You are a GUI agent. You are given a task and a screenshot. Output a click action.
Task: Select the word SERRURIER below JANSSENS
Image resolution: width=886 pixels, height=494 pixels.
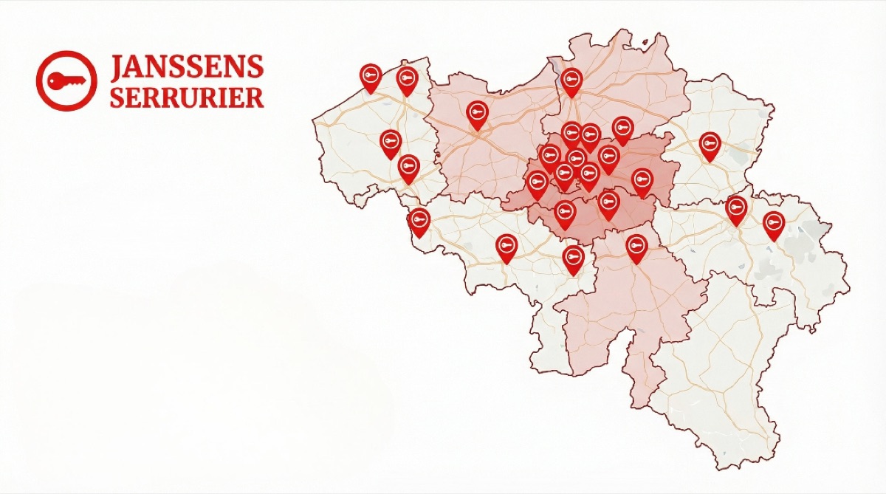(187, 97)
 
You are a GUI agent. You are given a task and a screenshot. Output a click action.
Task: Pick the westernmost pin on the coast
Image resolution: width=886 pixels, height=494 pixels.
(371, 76)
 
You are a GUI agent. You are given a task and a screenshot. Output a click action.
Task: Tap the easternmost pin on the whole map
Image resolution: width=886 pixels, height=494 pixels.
(773, 223)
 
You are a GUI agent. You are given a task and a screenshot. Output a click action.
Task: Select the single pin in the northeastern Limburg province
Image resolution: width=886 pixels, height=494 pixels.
(710, 144)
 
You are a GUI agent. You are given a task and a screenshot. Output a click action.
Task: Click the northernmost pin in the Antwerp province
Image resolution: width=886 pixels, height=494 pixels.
(571, 80)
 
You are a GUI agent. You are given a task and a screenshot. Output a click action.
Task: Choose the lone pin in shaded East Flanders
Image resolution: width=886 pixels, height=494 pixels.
(478, 113)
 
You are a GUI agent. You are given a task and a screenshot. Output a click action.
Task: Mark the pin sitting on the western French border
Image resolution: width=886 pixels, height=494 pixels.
(419, 220)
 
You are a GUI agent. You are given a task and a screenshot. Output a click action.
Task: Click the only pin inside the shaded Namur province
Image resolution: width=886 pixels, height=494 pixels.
(636, 247)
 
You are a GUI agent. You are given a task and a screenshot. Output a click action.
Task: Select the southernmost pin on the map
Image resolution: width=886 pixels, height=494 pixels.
(573, 258)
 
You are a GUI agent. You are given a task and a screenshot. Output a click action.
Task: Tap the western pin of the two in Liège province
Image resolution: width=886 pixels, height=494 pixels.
(736, 208)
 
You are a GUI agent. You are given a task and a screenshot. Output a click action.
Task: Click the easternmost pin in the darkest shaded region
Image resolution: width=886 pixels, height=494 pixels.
(642, 181)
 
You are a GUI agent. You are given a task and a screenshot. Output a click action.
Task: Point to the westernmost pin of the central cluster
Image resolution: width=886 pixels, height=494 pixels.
(537, 182)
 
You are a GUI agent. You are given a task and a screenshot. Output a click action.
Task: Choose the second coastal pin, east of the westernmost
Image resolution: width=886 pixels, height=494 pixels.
(407, 79)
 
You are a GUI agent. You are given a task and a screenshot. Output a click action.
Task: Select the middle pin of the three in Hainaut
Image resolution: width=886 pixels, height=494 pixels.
(506, 247)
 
